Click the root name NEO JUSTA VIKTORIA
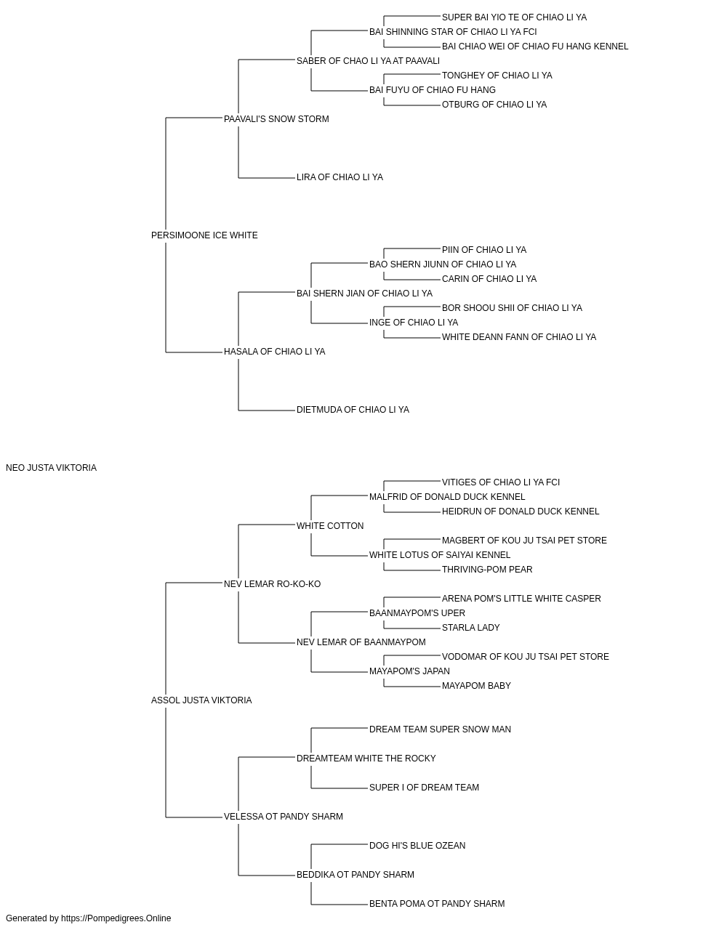(x=52, y=468)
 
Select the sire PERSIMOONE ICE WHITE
(x=204, y=235)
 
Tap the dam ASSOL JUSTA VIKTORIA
(x=201, y=700)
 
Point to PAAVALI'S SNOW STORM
(x=276, y=119)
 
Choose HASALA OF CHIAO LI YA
(x=275, y=352)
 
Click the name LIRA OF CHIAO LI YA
(x=340, y=177)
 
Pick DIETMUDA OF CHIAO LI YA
(x=353, y=410)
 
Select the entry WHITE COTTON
(x=330, y=526)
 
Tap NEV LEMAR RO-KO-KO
(x=273, y=584)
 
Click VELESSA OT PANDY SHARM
(x=284, y=817)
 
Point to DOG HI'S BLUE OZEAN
(x=417, y=846)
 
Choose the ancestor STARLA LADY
(x=470, y=628)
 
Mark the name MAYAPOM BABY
(x=476, y=686)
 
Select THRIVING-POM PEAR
(x=487, y=570)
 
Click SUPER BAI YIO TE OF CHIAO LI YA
(x=514, y=17)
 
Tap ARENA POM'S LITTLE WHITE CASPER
(x=521, y=599)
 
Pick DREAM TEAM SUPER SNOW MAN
(x=440, y=729)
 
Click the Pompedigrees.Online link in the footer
(x=116, y=918)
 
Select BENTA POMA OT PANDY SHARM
(x=437, y=904)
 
